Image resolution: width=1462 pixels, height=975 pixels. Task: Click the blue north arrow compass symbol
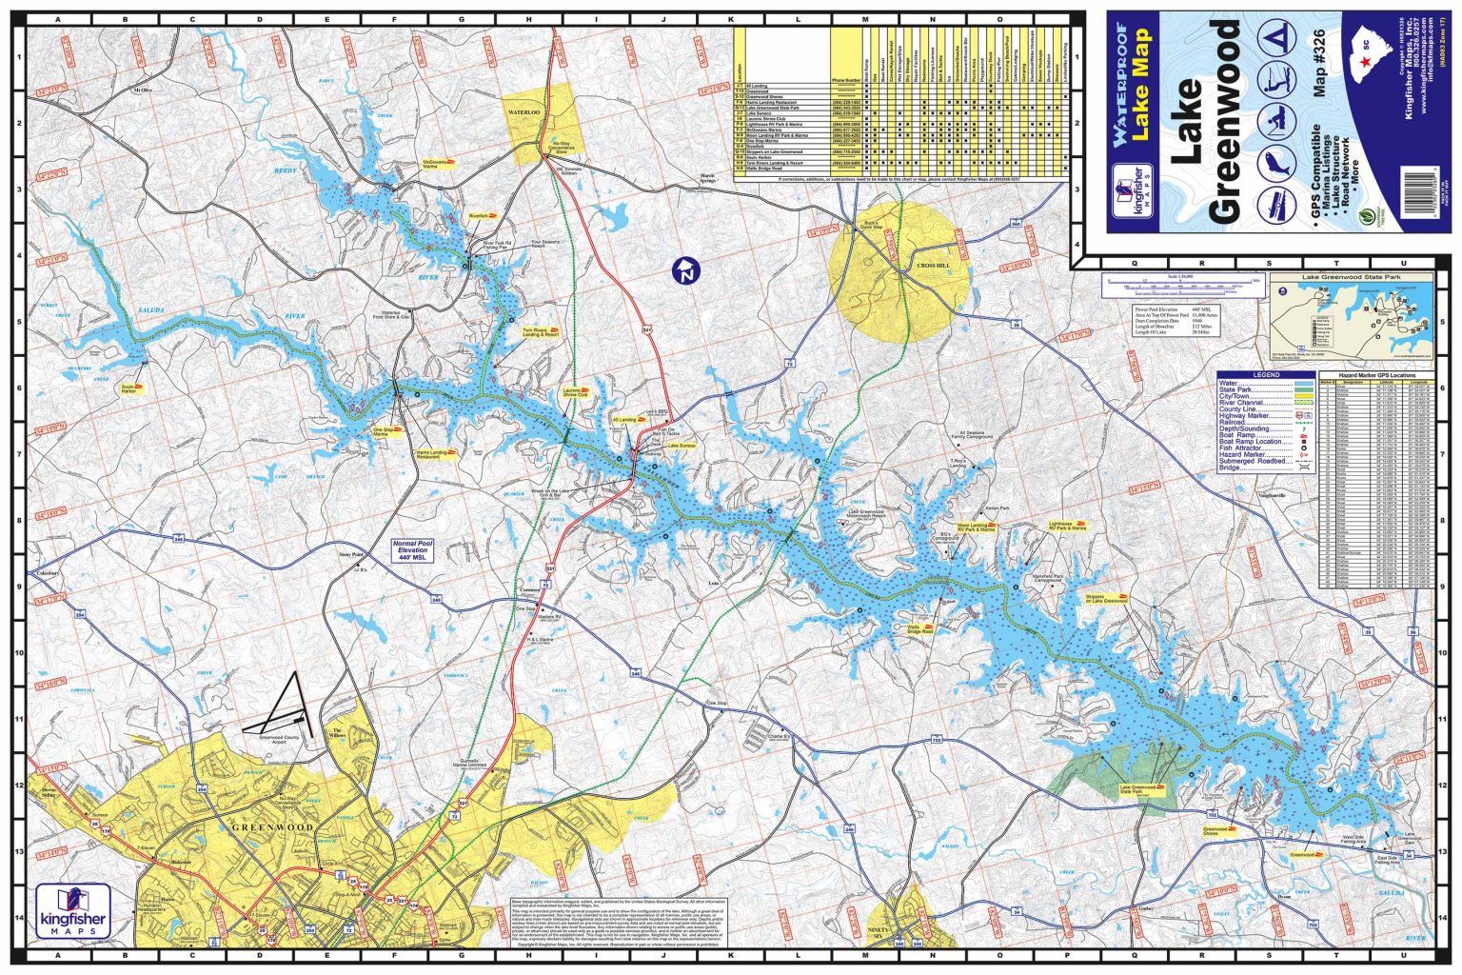pos(684,270)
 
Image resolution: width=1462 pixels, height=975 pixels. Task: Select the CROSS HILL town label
pos(932,266)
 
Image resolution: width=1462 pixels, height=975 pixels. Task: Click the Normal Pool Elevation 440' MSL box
pos(412,550)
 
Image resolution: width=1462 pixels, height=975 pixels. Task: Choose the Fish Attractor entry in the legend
pos(1241,448)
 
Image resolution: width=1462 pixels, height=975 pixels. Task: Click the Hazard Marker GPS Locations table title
pos(1376,377)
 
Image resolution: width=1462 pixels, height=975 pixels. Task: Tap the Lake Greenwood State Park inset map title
pos(1352,277)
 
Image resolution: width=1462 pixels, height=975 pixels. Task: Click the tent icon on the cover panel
pos(1273,39)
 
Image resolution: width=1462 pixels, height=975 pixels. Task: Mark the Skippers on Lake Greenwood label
pos(1105,599)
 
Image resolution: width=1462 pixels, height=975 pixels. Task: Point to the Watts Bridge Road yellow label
pos(919,629)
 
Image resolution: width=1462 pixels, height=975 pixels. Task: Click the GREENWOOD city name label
pos(273,826)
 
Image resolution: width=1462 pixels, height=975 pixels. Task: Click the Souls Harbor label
pos(129,388)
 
